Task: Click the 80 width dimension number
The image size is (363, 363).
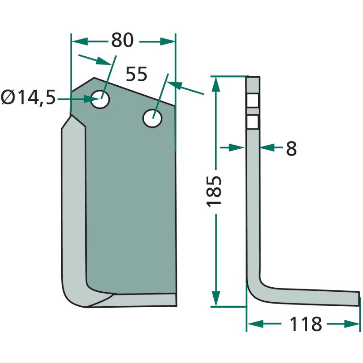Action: [122, 40]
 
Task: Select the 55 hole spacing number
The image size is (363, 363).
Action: [137, 74]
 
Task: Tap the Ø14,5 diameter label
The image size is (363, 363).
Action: [28, 98]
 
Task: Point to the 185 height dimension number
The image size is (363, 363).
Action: [214, 191]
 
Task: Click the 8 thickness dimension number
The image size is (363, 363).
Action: [291, 148]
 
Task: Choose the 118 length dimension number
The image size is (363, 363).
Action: [306, 324]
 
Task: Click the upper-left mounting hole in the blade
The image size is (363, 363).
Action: [100, 99]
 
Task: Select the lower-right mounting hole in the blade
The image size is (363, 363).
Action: [152, 118]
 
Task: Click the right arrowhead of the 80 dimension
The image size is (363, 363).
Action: [167, 42]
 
